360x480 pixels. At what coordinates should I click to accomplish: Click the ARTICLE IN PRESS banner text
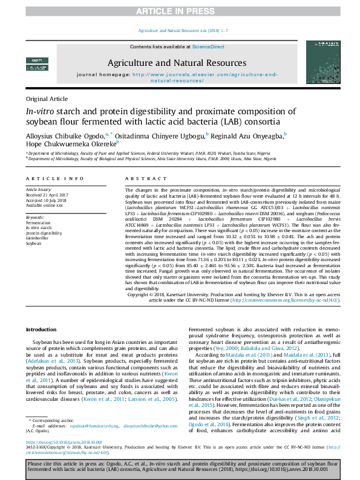pyautogui.click(x=180, y=11)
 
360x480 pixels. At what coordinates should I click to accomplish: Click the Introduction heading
pyautogui.click(x=42, y=329)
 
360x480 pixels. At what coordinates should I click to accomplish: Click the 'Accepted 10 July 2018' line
pyautogui.click(x=45, y=199)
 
